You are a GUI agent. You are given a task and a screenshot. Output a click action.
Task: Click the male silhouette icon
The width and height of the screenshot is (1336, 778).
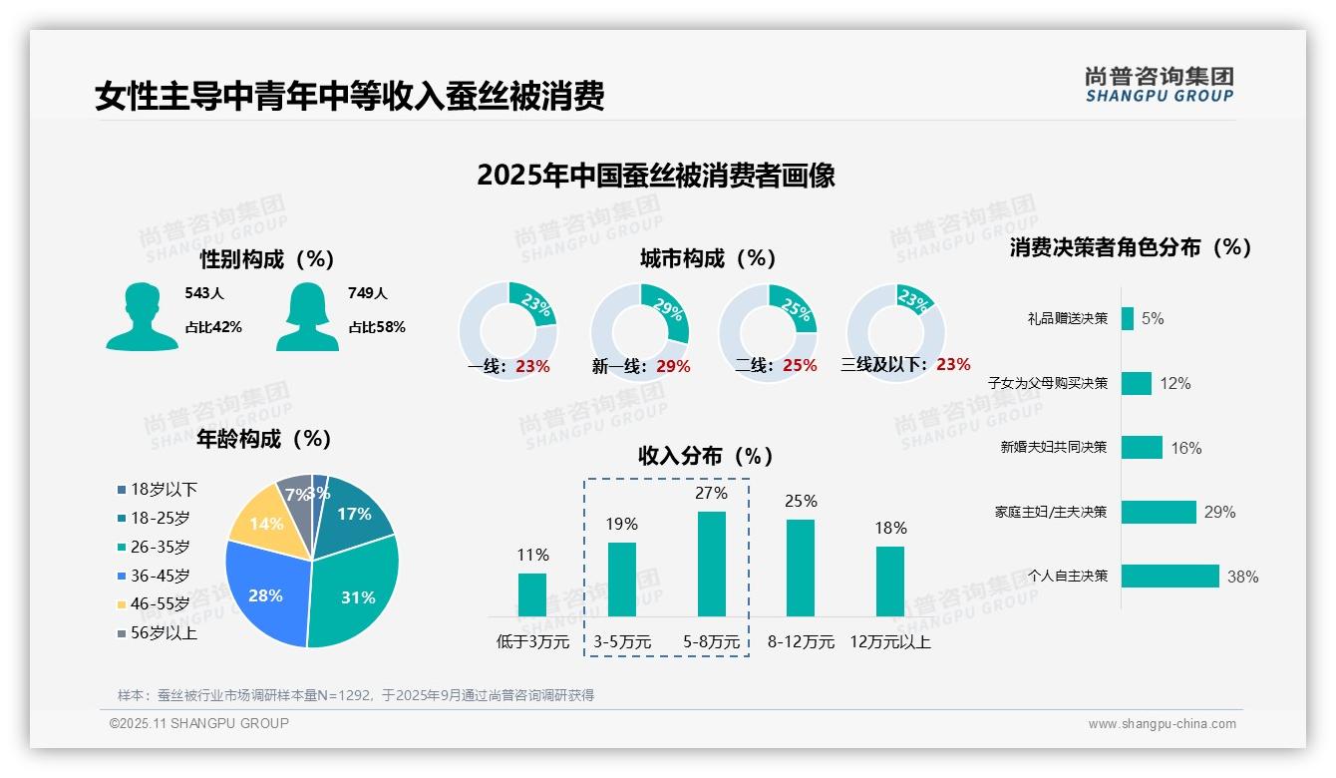point(142,317)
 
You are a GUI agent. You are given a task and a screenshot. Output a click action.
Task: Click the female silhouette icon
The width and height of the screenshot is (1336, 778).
point(307,317)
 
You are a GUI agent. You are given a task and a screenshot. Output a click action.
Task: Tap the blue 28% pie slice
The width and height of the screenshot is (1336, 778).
point(264,593)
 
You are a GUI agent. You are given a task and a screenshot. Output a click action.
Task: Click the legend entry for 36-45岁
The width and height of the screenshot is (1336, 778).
point(160,576)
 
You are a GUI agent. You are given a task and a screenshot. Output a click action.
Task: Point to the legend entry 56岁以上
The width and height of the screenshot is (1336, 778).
point(164,632)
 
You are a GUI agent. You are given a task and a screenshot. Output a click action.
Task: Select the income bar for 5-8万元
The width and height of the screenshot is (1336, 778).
point(711,564)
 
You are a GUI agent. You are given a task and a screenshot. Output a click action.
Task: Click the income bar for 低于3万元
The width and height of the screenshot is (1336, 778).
point(532,594)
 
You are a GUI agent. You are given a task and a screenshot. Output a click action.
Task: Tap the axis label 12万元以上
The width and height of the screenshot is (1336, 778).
point(889,641)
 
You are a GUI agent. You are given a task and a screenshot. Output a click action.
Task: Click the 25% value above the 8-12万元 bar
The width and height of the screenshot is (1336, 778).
point(801,501)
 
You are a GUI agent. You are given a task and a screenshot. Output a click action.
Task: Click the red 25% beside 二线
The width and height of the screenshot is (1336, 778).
point(800,365)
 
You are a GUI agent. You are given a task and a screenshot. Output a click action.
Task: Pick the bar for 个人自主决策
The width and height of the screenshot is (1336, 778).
point(1169,577)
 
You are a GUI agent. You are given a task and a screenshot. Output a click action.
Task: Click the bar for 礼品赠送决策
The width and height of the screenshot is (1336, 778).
point(1127,318)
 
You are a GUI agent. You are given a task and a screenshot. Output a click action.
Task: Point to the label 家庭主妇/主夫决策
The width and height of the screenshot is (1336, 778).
point(1051,512)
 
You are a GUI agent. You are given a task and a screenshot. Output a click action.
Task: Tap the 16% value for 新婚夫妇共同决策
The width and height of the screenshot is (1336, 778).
point(1186,448)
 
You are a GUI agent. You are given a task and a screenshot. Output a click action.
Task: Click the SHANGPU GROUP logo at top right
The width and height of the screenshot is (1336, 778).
point(1160,85)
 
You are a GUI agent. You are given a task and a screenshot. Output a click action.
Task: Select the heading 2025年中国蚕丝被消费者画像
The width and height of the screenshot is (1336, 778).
point(656,176)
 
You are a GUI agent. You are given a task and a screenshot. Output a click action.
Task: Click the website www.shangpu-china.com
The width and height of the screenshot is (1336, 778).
point(1162,723)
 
